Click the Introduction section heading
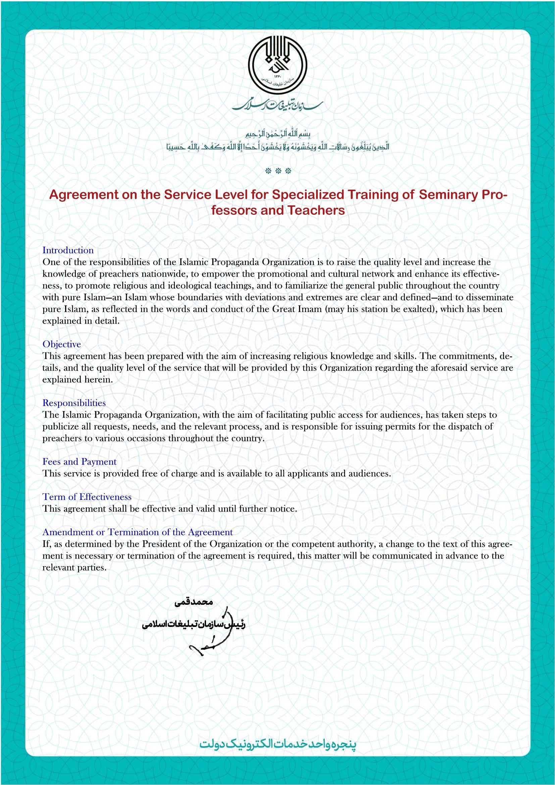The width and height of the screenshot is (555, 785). (68, 250)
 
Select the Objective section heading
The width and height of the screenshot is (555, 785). (62, 344)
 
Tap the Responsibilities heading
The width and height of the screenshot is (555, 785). (74, 403)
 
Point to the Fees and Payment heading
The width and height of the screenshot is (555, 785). (79, 462)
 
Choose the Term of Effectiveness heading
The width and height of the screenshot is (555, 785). (87, 497)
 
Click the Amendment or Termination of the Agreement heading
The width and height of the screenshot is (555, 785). (137, 532)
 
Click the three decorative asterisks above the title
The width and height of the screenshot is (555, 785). (278, 171)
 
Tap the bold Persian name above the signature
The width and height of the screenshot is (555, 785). (194, 602)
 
